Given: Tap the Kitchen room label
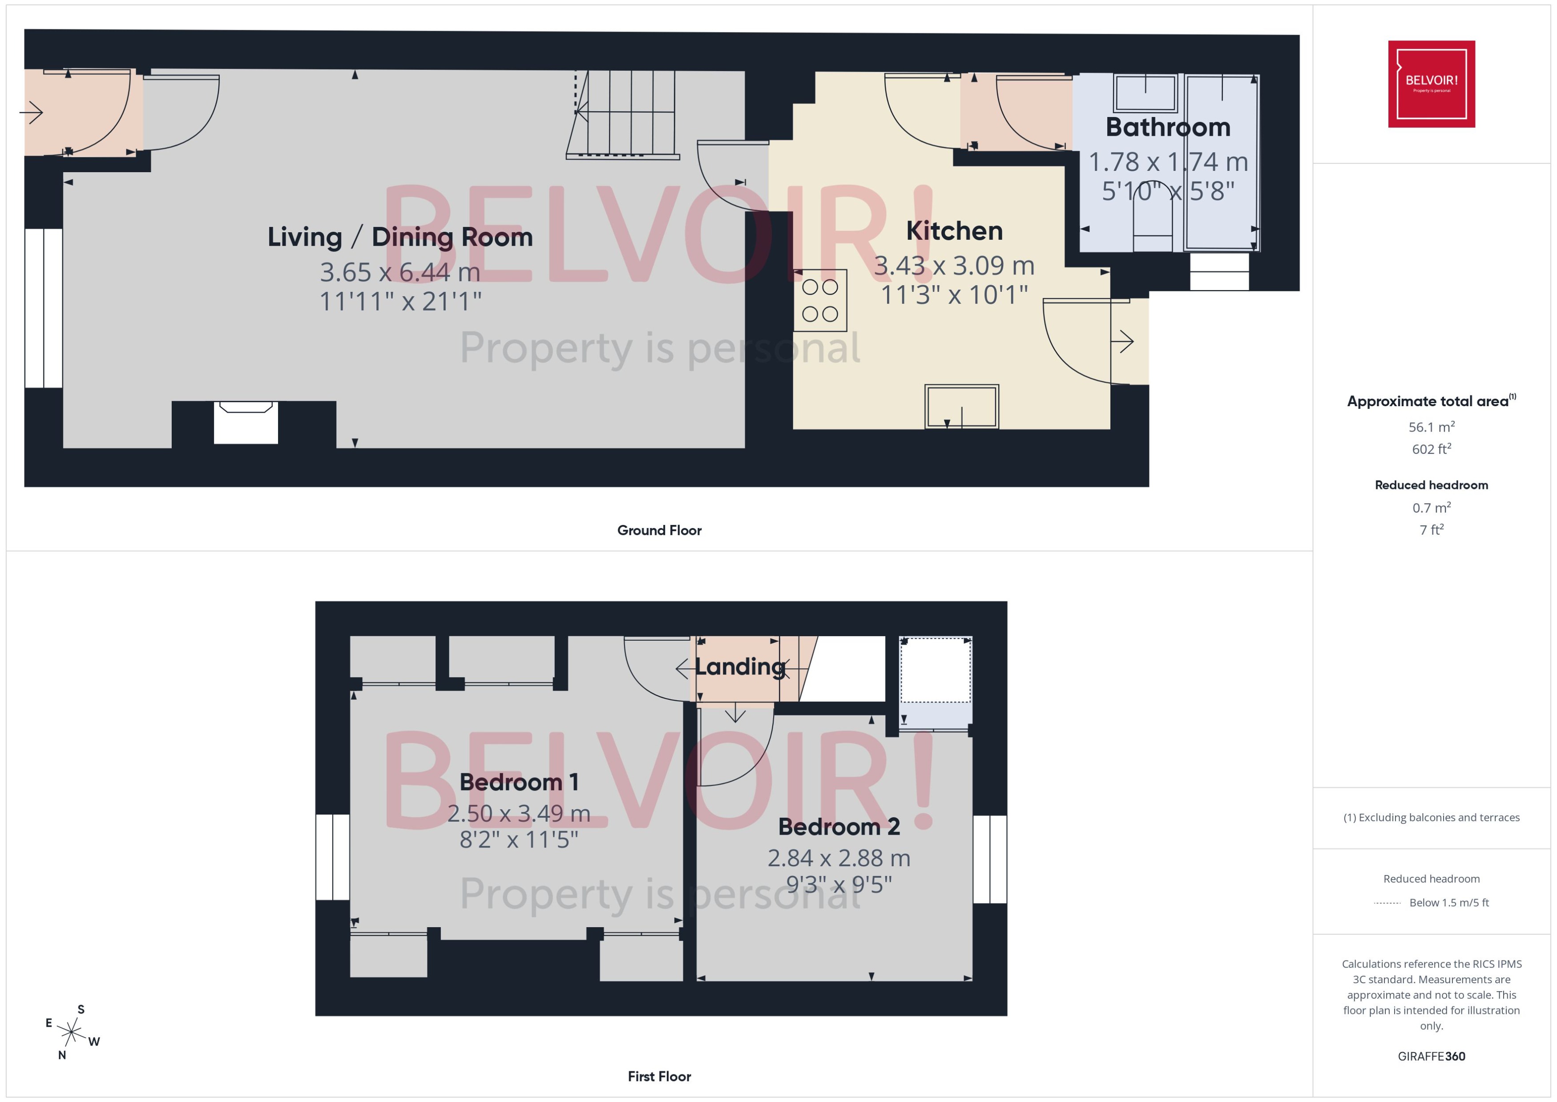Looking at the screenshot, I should click(954, 231).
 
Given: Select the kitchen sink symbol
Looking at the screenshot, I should click(961, 407).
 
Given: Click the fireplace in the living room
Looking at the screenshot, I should click(246, 422).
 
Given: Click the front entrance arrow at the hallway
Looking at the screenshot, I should click(32, 112).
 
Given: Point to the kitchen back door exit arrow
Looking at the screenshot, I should click(1125, 341).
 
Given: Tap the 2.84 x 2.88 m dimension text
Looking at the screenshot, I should click(839, 858).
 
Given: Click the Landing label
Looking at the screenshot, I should click(739, 666).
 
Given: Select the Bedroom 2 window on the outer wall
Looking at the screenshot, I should click(989, 859).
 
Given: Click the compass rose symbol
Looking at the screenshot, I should click(71, 1033).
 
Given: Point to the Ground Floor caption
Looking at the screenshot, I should click(659, 530).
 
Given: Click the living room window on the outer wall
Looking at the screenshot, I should click(44, 308).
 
